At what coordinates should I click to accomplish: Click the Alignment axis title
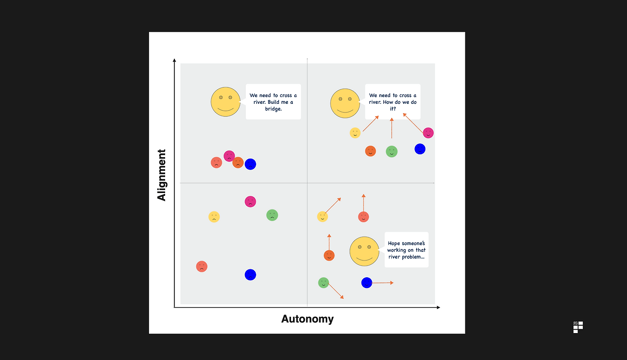tap(162, 175)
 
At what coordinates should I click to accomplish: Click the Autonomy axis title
tap(307, 319)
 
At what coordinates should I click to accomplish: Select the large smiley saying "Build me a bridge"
tap(225, 102)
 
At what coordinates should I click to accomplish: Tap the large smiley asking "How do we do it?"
tap(345, 103)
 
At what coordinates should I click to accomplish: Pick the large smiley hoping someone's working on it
tap(364, 251)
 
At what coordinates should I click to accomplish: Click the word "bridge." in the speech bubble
tap(273, 109)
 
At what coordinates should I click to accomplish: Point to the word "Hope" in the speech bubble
tap(394, 243)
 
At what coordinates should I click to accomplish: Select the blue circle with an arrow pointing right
tap(367, 283)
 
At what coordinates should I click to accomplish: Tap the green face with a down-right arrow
tap(323, 283)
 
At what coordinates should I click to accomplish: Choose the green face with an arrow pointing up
tap(391, 151)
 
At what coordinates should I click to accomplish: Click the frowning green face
tap(272, 215)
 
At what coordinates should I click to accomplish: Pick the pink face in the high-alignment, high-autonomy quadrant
tap(428, 133)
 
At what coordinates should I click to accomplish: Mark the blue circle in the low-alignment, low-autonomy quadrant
tap(250, 275)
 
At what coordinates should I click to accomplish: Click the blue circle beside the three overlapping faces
tap(250, 164)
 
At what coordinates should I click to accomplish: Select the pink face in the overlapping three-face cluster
tap(229, 156)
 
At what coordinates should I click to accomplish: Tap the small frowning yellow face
tap(214, 216)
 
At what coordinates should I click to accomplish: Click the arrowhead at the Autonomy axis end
tap(438, 307)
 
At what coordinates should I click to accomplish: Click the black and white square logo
tap(578, 327)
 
